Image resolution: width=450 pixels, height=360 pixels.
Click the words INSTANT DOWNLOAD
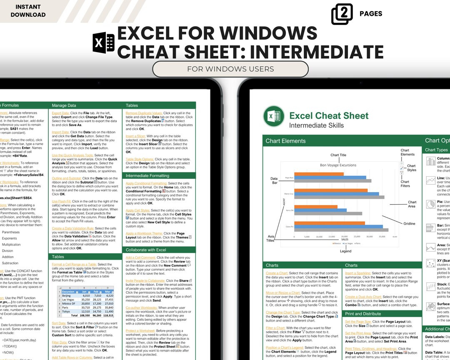pyautogui.click(x=28, y=11)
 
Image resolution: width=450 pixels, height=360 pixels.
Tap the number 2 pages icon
pyautogui.click(x=342, y=14)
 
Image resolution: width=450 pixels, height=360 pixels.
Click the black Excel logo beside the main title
pyautogui.click(x=103, y=42)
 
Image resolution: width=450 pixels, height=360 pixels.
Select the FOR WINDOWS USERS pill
pyautogui.click(x=230, y=69)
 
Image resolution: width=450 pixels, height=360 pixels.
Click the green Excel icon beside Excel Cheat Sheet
pyautogui.click(x=274, y=116)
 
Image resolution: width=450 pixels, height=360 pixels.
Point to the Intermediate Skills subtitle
pyautogui.click(x=316, y=125)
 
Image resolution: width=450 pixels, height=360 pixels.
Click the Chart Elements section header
pyautogui.click(x=285, y=141)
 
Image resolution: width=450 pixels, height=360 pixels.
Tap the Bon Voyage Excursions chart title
pyautogui.click(x=338, y=165)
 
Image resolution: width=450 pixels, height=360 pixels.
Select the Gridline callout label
pyautogui.click(x=409, y=224)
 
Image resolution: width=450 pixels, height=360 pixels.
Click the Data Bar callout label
pyautogui.click(x=273, y=181)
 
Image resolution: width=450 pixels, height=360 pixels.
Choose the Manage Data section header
pyautogui.click(x=64, y=105)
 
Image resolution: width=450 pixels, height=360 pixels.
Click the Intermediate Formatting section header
pyautogui.click(x=147, y=176)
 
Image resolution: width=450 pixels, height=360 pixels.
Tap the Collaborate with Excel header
pyautogui.click(x=146, y=250)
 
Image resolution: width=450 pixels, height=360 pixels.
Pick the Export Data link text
pyautogui.click(x=60, y=113)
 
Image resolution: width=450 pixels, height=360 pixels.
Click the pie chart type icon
pyautogui.click(x=430, y=205)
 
